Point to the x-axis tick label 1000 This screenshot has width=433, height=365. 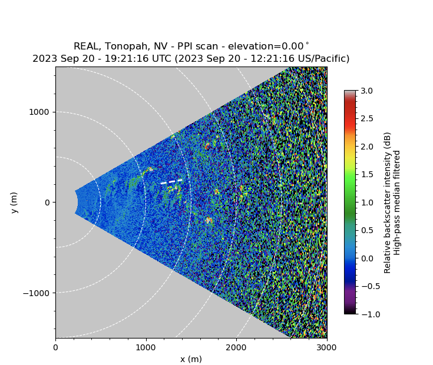tap(146, 348)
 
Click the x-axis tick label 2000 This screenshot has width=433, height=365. tap(236, 348)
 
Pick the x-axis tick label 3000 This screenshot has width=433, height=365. tap(327, 348)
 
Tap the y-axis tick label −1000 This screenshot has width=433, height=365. tap(37, 293)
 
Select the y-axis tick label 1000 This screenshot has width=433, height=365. tap(39, 112)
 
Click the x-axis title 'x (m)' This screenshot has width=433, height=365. tap(191, 359)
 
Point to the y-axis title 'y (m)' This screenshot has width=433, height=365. tap(14, 203)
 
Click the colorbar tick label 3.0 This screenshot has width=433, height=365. tap(366, 91)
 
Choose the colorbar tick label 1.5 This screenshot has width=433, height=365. tap(366, 174)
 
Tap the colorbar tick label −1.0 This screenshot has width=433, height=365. tap(366, 314)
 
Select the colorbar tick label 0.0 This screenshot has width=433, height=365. tap(366, 258)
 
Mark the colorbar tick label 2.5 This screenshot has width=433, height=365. tap(366, 118)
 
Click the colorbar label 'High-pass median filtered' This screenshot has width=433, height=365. tap(398, 203)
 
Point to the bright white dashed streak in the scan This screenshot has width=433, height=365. tap(171, 181)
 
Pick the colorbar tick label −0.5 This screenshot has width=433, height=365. tap(366, 286)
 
